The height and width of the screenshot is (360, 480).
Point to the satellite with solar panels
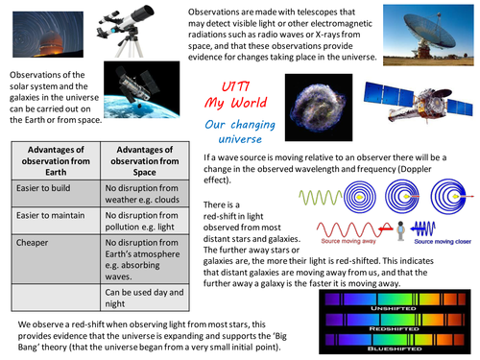[413, 105]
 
